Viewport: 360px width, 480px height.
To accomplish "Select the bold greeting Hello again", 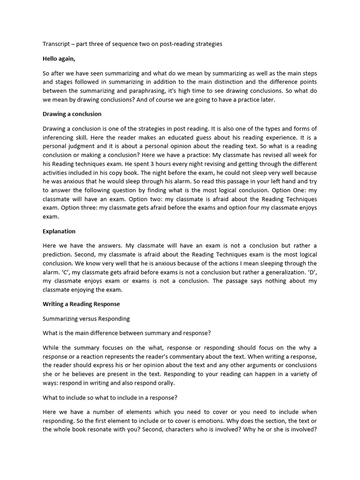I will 59,59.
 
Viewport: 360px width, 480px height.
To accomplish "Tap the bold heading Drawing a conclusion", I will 72,114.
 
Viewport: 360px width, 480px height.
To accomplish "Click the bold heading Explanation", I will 59,231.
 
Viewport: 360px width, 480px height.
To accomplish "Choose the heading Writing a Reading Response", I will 81,304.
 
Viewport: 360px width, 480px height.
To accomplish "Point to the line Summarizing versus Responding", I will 86,318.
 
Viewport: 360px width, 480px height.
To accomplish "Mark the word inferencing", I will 60,138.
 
